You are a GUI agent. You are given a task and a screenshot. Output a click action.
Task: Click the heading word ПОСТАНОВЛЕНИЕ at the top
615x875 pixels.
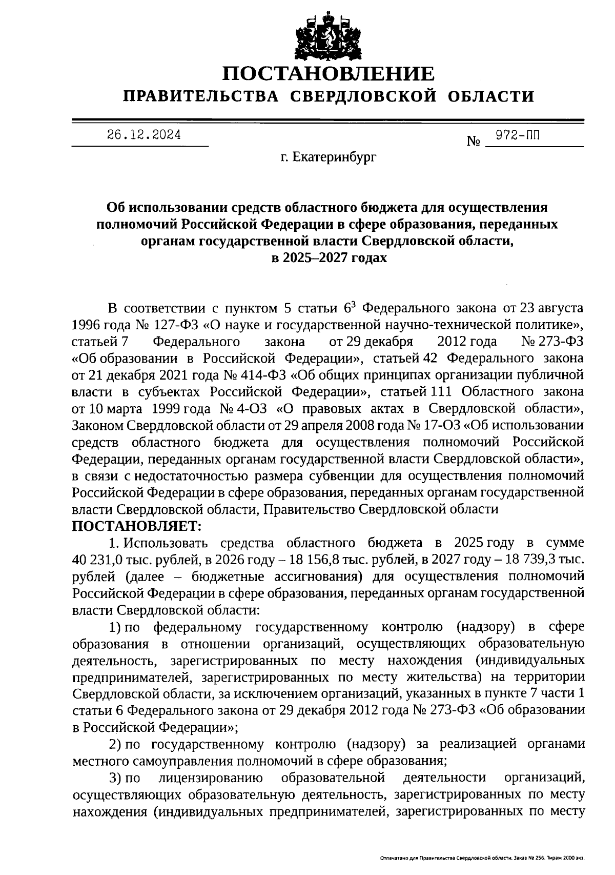[329, 74]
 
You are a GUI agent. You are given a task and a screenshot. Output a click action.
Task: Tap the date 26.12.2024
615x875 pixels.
[143, 135]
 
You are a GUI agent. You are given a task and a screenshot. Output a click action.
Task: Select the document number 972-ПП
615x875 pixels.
[518, 135]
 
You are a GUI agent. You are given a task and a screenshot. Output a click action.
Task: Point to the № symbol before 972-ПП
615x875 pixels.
[473, 142]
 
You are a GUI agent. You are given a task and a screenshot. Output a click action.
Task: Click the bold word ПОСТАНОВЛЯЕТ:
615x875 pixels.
[138, 526]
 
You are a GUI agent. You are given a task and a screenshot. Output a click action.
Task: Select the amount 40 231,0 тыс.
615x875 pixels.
[105, 560]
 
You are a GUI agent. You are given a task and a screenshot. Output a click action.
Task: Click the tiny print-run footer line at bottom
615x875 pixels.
[482, 858]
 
